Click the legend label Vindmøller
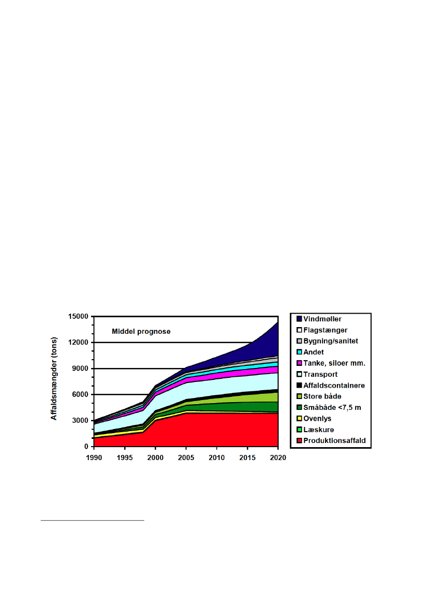coord(322,319)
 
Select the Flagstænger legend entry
coord(324,330)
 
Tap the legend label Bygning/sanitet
coord(330,341)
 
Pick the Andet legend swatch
coord(299,352)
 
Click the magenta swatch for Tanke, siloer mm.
coord(299,363)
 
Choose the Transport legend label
coord(320,374)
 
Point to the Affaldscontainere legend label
coord(334,386)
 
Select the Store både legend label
coord(322,396)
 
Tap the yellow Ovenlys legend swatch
coord(299,419)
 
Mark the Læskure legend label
coord(318,430)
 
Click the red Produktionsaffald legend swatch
coord(299,441)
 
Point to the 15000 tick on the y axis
coord(79,316)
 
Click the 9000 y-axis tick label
coord(81,368)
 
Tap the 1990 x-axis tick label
coord(94,458)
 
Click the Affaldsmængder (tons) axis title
coord(54,381)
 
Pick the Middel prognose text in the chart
coord(141,331)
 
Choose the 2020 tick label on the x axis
coord(278,458)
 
